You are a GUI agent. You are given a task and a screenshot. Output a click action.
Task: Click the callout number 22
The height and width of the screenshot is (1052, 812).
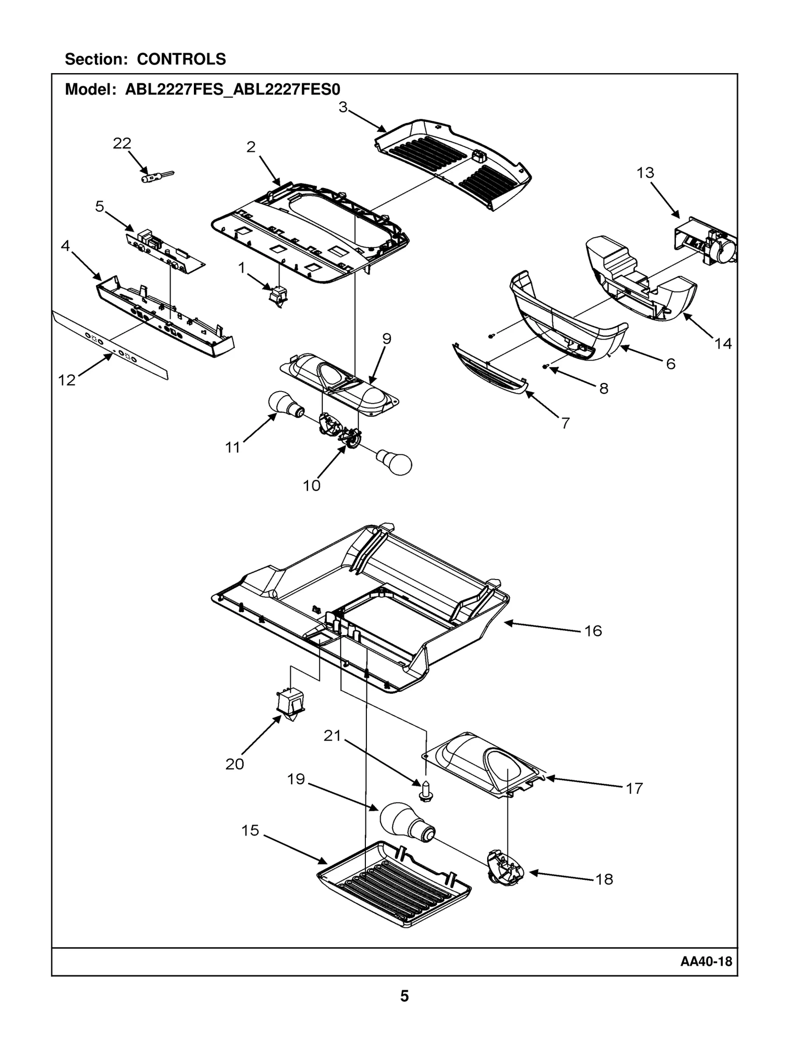click(x=122, y=144)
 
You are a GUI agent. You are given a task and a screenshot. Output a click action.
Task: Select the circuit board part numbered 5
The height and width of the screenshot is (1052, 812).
click(x=165, y=251)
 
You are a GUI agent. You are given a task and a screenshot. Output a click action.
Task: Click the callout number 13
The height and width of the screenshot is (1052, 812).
click(x=645, y=173)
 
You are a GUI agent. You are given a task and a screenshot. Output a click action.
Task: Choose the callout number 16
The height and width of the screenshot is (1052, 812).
click(x=593, y=631)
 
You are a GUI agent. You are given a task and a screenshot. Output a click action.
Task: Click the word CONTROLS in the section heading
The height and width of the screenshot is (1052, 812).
click(x=181, y=59)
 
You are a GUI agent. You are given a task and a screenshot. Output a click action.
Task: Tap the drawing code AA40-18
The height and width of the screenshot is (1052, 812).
click(x=706, y=962)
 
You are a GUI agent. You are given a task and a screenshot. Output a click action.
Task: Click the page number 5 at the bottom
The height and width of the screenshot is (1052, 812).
click(x=404, y=996)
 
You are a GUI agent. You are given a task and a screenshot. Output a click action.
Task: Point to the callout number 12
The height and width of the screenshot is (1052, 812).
click(x=67, y=380)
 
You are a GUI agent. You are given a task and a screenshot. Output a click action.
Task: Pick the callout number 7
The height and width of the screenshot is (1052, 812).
click(x=565, y=423)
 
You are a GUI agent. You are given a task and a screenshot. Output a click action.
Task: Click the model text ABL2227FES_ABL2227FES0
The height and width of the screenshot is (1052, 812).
click(x=232, y=89)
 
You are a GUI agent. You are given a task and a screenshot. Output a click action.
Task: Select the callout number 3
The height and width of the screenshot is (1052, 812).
click(x=343, y=108)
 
